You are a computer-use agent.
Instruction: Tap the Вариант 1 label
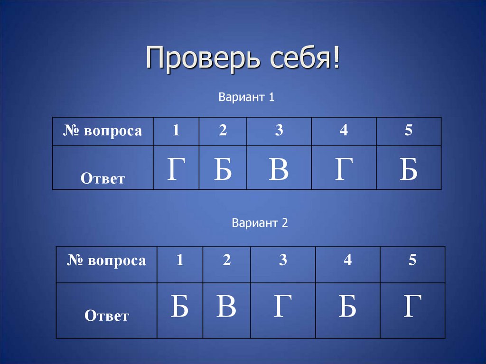pyautogui.click(x=247, y=98)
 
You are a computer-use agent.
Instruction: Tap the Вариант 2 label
pyautogui.click(x=260, y=223)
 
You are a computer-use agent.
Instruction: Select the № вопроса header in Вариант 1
pyautogui.click(x=103, y=131)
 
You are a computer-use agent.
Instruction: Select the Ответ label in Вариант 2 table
pyautogui.click(x=106, y=316)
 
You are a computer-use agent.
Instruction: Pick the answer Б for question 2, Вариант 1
pyautogui.click(x=223, y=170)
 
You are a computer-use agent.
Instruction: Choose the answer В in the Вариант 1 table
pyautogui.click(x=279, y=170)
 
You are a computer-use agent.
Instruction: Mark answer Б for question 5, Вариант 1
pyautogui.click(x=408, y=170)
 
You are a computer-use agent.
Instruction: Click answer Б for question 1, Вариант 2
pyautogui.click(x=179, y=307)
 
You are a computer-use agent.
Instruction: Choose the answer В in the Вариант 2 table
pyautogui.click(x=226, y=307)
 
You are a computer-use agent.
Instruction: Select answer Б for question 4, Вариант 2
pyautogui.click(x=347, y=307)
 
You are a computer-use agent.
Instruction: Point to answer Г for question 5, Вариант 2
pyautogui.click(x=412, y=307)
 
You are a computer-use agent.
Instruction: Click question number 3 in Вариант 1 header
pyautogui.click(x=279, y=131)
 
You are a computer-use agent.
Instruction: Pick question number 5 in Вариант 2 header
pyautogui.click(x=412, y=260)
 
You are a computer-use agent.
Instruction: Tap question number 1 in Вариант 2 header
pyautogui.click(x=180, y=260)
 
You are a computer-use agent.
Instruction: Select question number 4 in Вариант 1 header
pyautogui.click(x=344, y=131)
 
